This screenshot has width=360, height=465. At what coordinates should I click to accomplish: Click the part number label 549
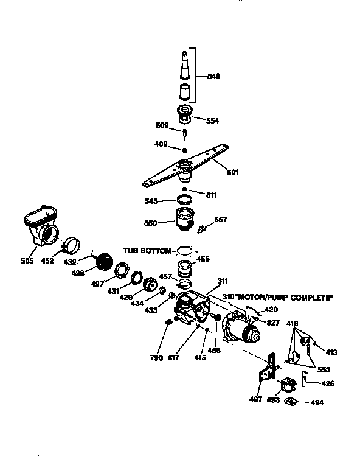213,76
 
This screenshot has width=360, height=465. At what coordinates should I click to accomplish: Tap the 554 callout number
212,121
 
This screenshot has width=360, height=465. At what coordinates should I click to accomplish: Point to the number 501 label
232,172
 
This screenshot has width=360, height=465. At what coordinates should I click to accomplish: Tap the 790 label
156,358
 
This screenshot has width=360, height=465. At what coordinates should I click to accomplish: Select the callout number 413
331,352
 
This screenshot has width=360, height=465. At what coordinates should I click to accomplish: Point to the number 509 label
162,125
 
